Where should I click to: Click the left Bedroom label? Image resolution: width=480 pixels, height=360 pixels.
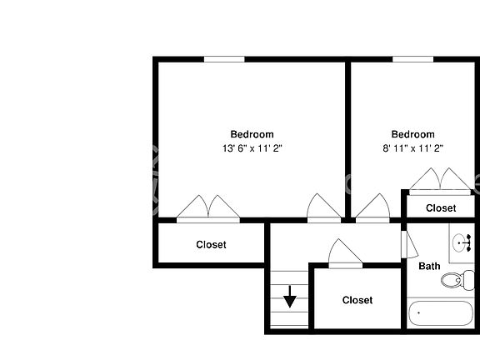252,134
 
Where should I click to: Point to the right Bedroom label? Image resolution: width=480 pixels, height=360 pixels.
412,134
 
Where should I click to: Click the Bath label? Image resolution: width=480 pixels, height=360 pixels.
429,267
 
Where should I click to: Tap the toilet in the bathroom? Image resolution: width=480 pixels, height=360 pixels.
453,280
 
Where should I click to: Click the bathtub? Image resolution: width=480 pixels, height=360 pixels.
442,315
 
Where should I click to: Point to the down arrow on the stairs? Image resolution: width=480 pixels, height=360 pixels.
289,297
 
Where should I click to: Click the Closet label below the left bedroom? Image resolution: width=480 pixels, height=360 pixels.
211,245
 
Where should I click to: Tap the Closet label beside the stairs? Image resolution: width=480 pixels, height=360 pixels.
357,300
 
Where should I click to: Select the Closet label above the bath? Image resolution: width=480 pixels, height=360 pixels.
441,208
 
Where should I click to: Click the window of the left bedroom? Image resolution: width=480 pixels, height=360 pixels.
224,58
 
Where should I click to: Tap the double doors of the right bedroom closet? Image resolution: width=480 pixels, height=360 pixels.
442,179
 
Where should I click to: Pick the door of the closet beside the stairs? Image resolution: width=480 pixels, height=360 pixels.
343,254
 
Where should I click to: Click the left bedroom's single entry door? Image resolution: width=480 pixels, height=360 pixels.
322,208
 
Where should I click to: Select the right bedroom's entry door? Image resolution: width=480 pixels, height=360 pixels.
371,208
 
